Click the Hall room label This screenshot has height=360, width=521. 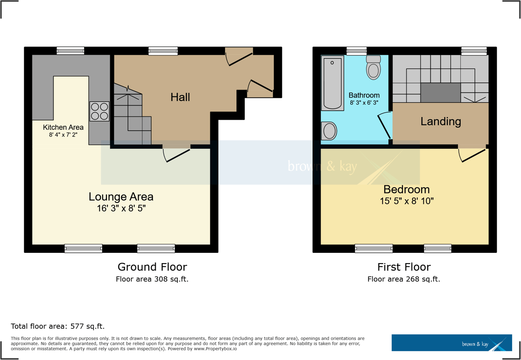click(x=180, y=97)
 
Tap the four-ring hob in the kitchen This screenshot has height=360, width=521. click(x=99, y=111)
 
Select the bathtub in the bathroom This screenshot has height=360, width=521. click(x=332, y=83)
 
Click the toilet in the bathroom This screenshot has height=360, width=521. click(x=373, y=68)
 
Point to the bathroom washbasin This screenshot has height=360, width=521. click(x=329, y=131)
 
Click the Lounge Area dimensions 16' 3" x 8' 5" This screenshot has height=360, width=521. click(x=121, y=208)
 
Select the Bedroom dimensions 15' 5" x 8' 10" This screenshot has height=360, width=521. click(x=406, y=201)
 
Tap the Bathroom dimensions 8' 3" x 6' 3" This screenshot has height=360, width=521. click(x=364, y=102)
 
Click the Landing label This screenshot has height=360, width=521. click(x=440, y=121)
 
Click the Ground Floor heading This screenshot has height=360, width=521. click(x=152, y=267)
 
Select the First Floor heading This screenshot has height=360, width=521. click(x=404, y=267)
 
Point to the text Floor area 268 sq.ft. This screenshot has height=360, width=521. click(x=404, y=279)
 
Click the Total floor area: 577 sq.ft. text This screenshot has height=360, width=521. click(x=58, y=327)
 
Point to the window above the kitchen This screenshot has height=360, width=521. click(x=70, y=51)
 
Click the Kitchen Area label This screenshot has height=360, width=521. click(x=63, y=127)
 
